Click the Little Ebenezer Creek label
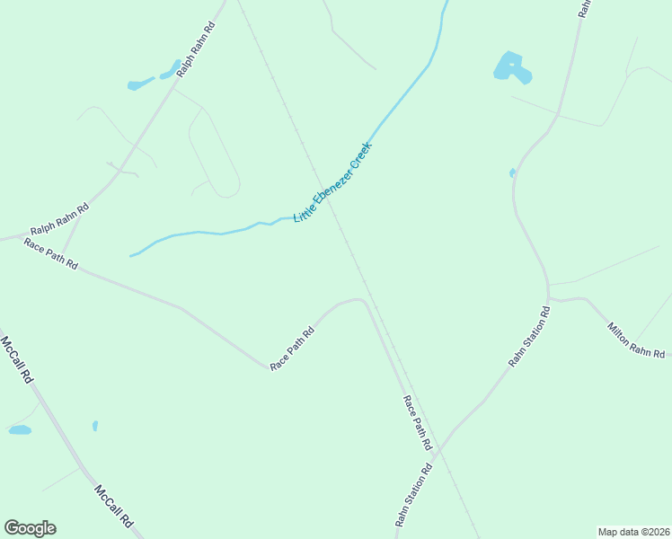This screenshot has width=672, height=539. pyautogui.click(x=332, y=182)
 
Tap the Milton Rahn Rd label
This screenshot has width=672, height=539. pyautogui.click(x=636, y=340)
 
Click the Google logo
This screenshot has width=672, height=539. pyautogui.click(x=30, y=527)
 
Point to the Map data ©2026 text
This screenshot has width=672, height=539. pyautogui.click(x=633, y=531)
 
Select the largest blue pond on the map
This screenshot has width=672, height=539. pyautogui.click(x=511, y=67)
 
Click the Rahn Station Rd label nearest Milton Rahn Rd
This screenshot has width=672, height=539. pyautogui.click(x=529, y=337)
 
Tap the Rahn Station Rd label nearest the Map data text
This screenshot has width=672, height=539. pyautogui.click(x=414, y=496)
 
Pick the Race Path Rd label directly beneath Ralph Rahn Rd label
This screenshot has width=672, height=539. pyautogui.click(x=50, y=255)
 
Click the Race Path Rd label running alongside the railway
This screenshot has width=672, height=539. pyautogui.click(x=418, y=422)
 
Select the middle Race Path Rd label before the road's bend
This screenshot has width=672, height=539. pyautogui.click(x=293, y=349)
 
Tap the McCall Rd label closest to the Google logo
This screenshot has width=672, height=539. pyautogui.click(x=114, y=507)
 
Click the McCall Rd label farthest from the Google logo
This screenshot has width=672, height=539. pyautogui.click(x=17, y=360)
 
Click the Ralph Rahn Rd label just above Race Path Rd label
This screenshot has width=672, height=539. pyautogui.click(x=59, y=219)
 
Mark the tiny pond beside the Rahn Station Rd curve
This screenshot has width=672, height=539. pyautogui.click(x=512, y=172)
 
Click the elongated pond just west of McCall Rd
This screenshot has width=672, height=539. pyautogui.click(x=20, y=430)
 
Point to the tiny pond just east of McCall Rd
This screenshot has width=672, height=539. pyautogui.click(x=94, y=425)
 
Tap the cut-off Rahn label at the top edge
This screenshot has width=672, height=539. pyautogui.click(x=584, y=7)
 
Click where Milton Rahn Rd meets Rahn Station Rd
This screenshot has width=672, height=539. pyautogui.click(x=548, y=297)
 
